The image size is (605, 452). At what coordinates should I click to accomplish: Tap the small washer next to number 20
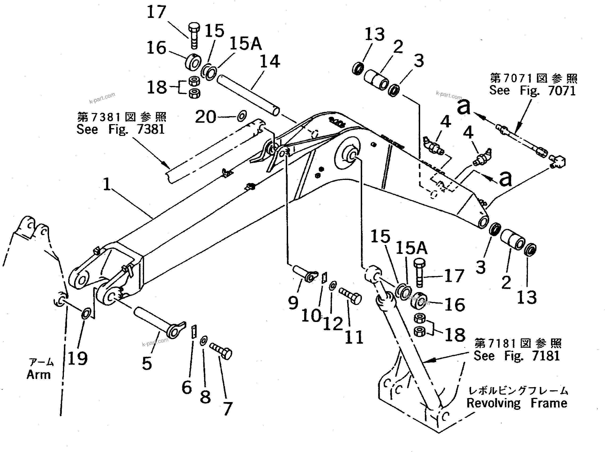pos(242,116)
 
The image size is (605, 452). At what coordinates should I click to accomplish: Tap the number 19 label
pos(77,358)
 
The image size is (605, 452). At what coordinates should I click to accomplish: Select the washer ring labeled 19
pos(86,314)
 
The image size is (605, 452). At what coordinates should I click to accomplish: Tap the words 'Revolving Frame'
pos(517,403)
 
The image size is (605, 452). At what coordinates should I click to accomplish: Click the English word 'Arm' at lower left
pos(39,375)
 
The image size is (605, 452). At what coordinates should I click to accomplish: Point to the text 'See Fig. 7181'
pos(516,355)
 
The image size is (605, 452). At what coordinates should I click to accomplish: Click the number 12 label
pos(333,324)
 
